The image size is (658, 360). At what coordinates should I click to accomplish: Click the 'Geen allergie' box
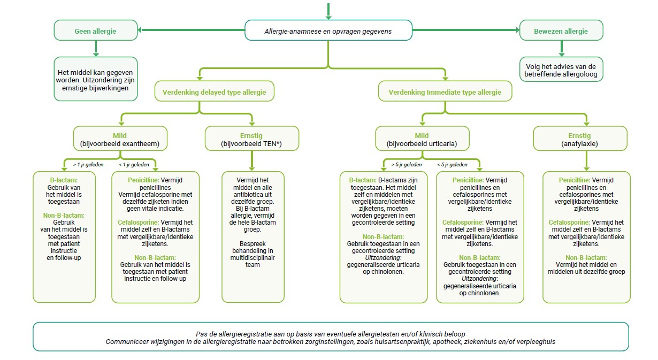pos(96,31)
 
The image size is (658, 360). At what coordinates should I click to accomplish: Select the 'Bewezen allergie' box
pos(561,31)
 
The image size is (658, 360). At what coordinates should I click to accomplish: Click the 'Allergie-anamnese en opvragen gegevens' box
pos(328,31)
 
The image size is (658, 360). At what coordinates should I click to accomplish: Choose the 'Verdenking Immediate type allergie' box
pos(445,92)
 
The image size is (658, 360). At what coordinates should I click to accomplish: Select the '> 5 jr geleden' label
pos(407,165)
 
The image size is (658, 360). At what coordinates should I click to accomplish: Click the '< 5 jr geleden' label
pos(452,165)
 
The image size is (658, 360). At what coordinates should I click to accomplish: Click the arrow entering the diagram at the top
pos(328,10)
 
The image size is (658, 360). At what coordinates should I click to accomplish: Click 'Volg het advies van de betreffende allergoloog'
pos(561,70)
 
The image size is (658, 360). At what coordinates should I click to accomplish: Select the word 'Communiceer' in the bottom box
pos(125,341)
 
